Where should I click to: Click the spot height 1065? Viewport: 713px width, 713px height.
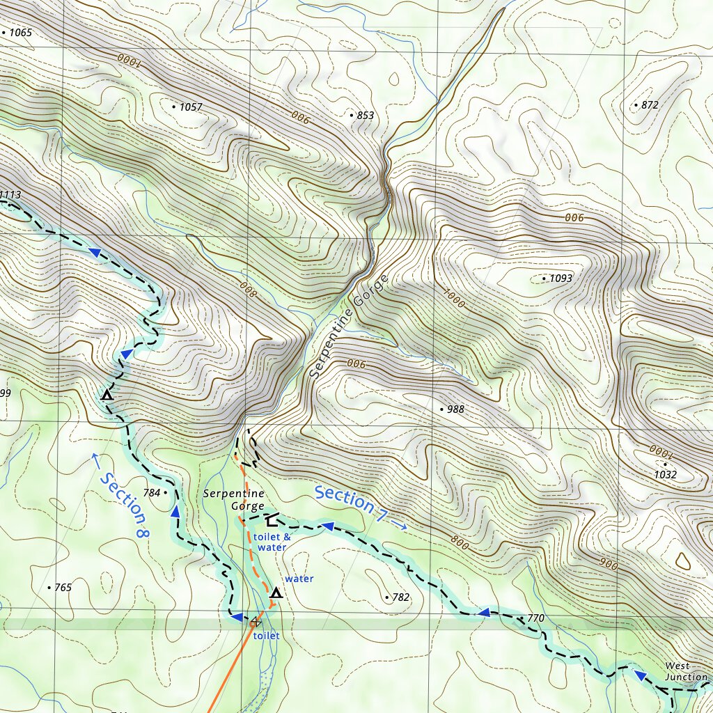(x=20, y=33)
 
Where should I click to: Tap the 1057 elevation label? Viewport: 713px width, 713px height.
(x=190, y=107)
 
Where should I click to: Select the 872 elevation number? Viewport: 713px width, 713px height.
(x=649, y=105)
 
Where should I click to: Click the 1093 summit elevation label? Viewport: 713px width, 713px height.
(x=561, y=279)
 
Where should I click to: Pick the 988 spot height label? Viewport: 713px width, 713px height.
(x=455, y=409)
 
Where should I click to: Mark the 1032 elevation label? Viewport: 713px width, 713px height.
(x=666, y=475)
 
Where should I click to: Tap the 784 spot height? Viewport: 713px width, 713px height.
(x=151, y=493)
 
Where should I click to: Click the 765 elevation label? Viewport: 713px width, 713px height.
(x=62, y=588)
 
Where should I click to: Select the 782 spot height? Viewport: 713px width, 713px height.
(x=400, y=597)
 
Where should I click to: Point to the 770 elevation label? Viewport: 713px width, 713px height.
(x=535, y=618)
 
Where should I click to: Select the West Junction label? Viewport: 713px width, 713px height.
(x=686, y=672)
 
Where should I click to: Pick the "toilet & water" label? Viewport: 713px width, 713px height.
(x=270, y=542)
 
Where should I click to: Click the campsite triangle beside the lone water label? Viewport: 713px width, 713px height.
(x=276, y=593)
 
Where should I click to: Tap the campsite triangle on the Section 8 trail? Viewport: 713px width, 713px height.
(x=107, y=395)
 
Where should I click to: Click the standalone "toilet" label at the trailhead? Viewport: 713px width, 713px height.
(x=266, y=636)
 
